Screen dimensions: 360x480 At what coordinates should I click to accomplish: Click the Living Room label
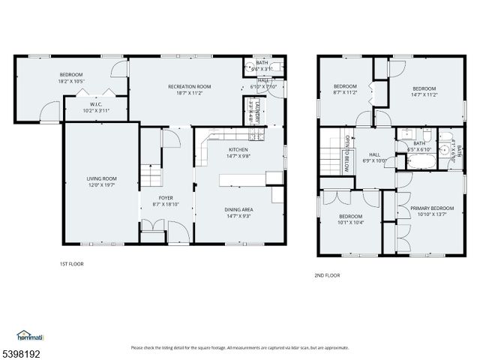98,178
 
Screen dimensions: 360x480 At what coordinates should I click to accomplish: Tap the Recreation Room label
188,87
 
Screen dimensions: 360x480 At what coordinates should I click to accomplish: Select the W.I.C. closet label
96,104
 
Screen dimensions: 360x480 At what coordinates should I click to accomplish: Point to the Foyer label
166,197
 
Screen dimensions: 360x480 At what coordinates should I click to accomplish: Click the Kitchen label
238,149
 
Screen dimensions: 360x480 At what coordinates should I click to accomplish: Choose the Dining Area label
238,209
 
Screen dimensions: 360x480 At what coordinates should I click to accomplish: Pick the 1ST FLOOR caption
72,264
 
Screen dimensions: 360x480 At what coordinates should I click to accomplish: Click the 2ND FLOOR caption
327,275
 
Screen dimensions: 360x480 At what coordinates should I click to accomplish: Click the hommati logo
29,335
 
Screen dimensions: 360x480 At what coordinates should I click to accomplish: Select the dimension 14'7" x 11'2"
424,94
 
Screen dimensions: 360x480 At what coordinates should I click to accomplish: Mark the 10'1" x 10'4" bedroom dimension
350,222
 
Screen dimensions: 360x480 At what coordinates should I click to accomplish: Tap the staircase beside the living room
151,177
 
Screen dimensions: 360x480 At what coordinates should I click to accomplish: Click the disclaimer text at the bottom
239,347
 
